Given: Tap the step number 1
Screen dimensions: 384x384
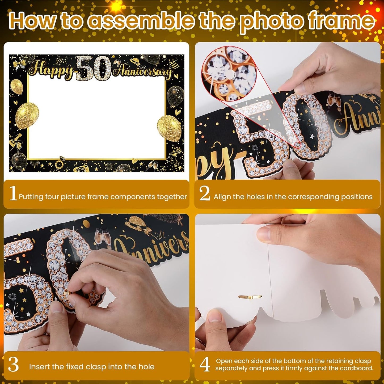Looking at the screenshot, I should coord(13,193).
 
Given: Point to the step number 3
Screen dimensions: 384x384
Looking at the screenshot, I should coord(13,365).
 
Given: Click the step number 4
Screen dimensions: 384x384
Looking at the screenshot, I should coord(205,365).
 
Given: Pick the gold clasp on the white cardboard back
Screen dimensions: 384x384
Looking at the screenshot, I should coord(250,297).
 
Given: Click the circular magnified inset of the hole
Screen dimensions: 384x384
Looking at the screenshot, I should coord(229,74).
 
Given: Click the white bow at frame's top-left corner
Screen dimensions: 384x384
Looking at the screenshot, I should coord(20,64).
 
